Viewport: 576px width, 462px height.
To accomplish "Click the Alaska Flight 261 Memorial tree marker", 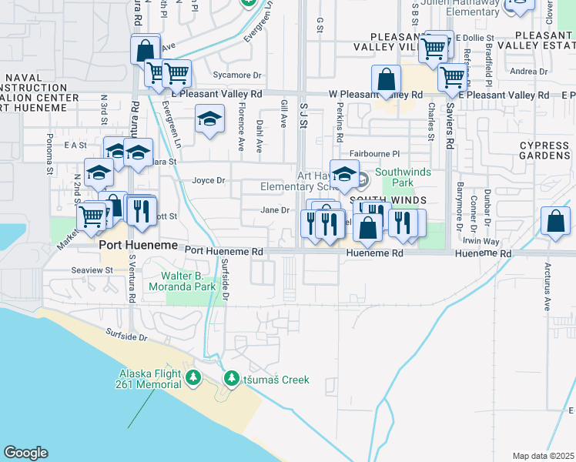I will pos(193,378).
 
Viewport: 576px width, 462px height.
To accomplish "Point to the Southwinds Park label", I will pos(393,178).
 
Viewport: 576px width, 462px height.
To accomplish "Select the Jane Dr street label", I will pos(275,209).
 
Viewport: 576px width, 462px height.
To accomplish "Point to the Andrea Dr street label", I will pos(528,72).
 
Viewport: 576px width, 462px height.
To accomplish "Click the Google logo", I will pos(25,453).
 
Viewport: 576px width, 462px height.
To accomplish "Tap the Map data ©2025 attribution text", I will pos(543,456).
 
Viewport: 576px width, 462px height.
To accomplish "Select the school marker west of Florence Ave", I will pos(209,119).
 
